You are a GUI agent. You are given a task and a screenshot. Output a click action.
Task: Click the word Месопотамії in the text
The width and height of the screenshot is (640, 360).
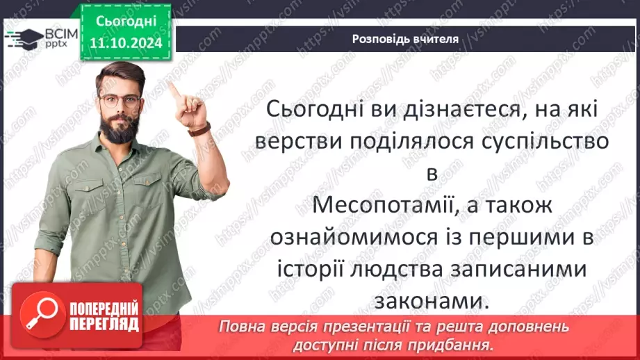coord(370,206)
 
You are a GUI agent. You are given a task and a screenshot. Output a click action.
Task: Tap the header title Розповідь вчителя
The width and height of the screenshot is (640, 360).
coord(405,39)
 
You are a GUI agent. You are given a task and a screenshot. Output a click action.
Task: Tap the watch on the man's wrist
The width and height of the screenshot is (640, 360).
coord(199,129)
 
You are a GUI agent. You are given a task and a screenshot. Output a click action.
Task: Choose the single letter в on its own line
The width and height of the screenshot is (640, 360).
coord(432,174)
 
